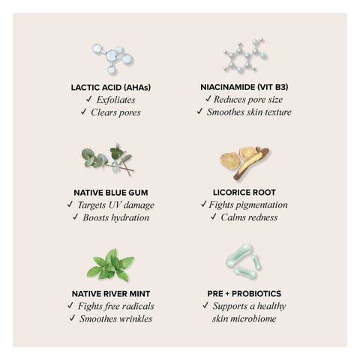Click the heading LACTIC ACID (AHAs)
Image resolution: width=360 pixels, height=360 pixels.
(x=111, y=88)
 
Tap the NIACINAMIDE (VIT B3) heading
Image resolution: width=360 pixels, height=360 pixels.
(x=244, y=87)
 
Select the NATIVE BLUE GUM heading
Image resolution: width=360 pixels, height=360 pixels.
(x=111, y=193)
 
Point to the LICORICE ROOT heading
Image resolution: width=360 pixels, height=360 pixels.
(x=244, y=192)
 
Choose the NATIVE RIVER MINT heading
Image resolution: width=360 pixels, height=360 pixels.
(x=111, y=294)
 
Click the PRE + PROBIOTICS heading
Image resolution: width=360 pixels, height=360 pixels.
(x=244, y=293)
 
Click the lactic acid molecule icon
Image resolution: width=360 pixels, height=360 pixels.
(x=112, y=58)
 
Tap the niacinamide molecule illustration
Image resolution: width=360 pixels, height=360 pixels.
(x=245, y=55)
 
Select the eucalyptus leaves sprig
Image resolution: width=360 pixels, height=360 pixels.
(x=107, y=160)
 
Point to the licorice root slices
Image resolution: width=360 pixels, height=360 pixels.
(x=244, y=163)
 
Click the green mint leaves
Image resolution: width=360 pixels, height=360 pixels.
(x=110, y=265)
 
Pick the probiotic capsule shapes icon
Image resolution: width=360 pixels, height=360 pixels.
(x=243, y=261)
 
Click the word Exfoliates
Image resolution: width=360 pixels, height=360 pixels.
(x=116, y=100)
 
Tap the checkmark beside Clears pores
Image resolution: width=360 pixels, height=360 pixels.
(x=83, y=112)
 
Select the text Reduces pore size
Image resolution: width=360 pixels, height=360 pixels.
(x=248, y=100)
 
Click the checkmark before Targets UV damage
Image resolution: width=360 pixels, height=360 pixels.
(x=70, y=204)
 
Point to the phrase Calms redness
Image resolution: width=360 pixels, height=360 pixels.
(x=249, y=217)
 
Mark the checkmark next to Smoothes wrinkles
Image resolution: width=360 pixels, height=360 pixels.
(x=72, y=318)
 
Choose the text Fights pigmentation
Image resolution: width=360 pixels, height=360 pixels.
(x=248, y=205)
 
